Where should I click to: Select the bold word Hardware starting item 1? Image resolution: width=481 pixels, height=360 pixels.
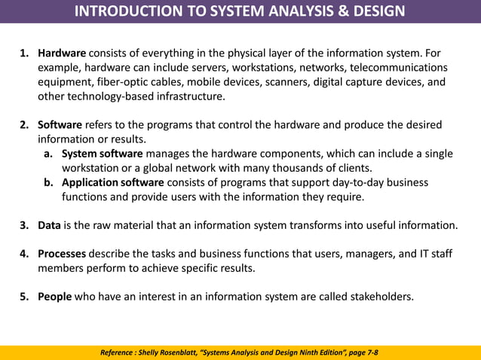click(x=62, y=53)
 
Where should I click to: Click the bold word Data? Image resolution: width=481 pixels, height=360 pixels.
click(x=49, y=225)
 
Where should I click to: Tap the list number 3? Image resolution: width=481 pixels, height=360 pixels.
click(x=23, y=225)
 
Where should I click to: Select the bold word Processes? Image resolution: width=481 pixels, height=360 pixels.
click(x=61, y=254)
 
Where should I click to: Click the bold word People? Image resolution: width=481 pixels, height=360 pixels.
click(x=54, y=297)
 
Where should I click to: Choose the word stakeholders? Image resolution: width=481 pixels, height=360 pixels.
click(x=376, y=297)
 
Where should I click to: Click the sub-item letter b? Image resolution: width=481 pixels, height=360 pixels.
click(x=47, y=182)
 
